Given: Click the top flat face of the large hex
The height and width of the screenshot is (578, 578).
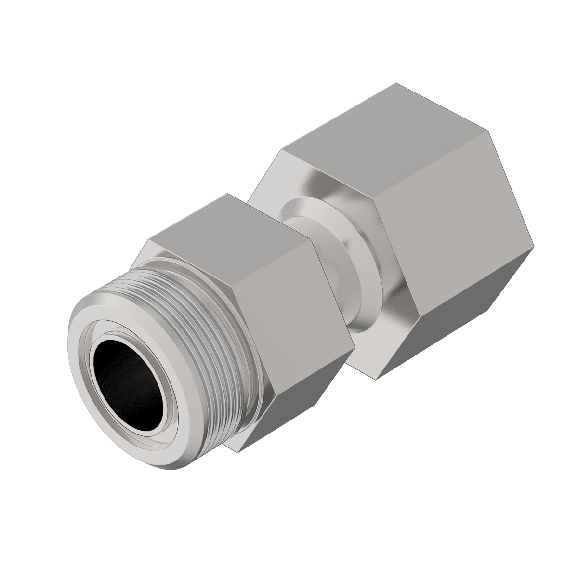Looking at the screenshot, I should tap(381, 135).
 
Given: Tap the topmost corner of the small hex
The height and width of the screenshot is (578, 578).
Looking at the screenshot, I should tap(226, 194).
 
